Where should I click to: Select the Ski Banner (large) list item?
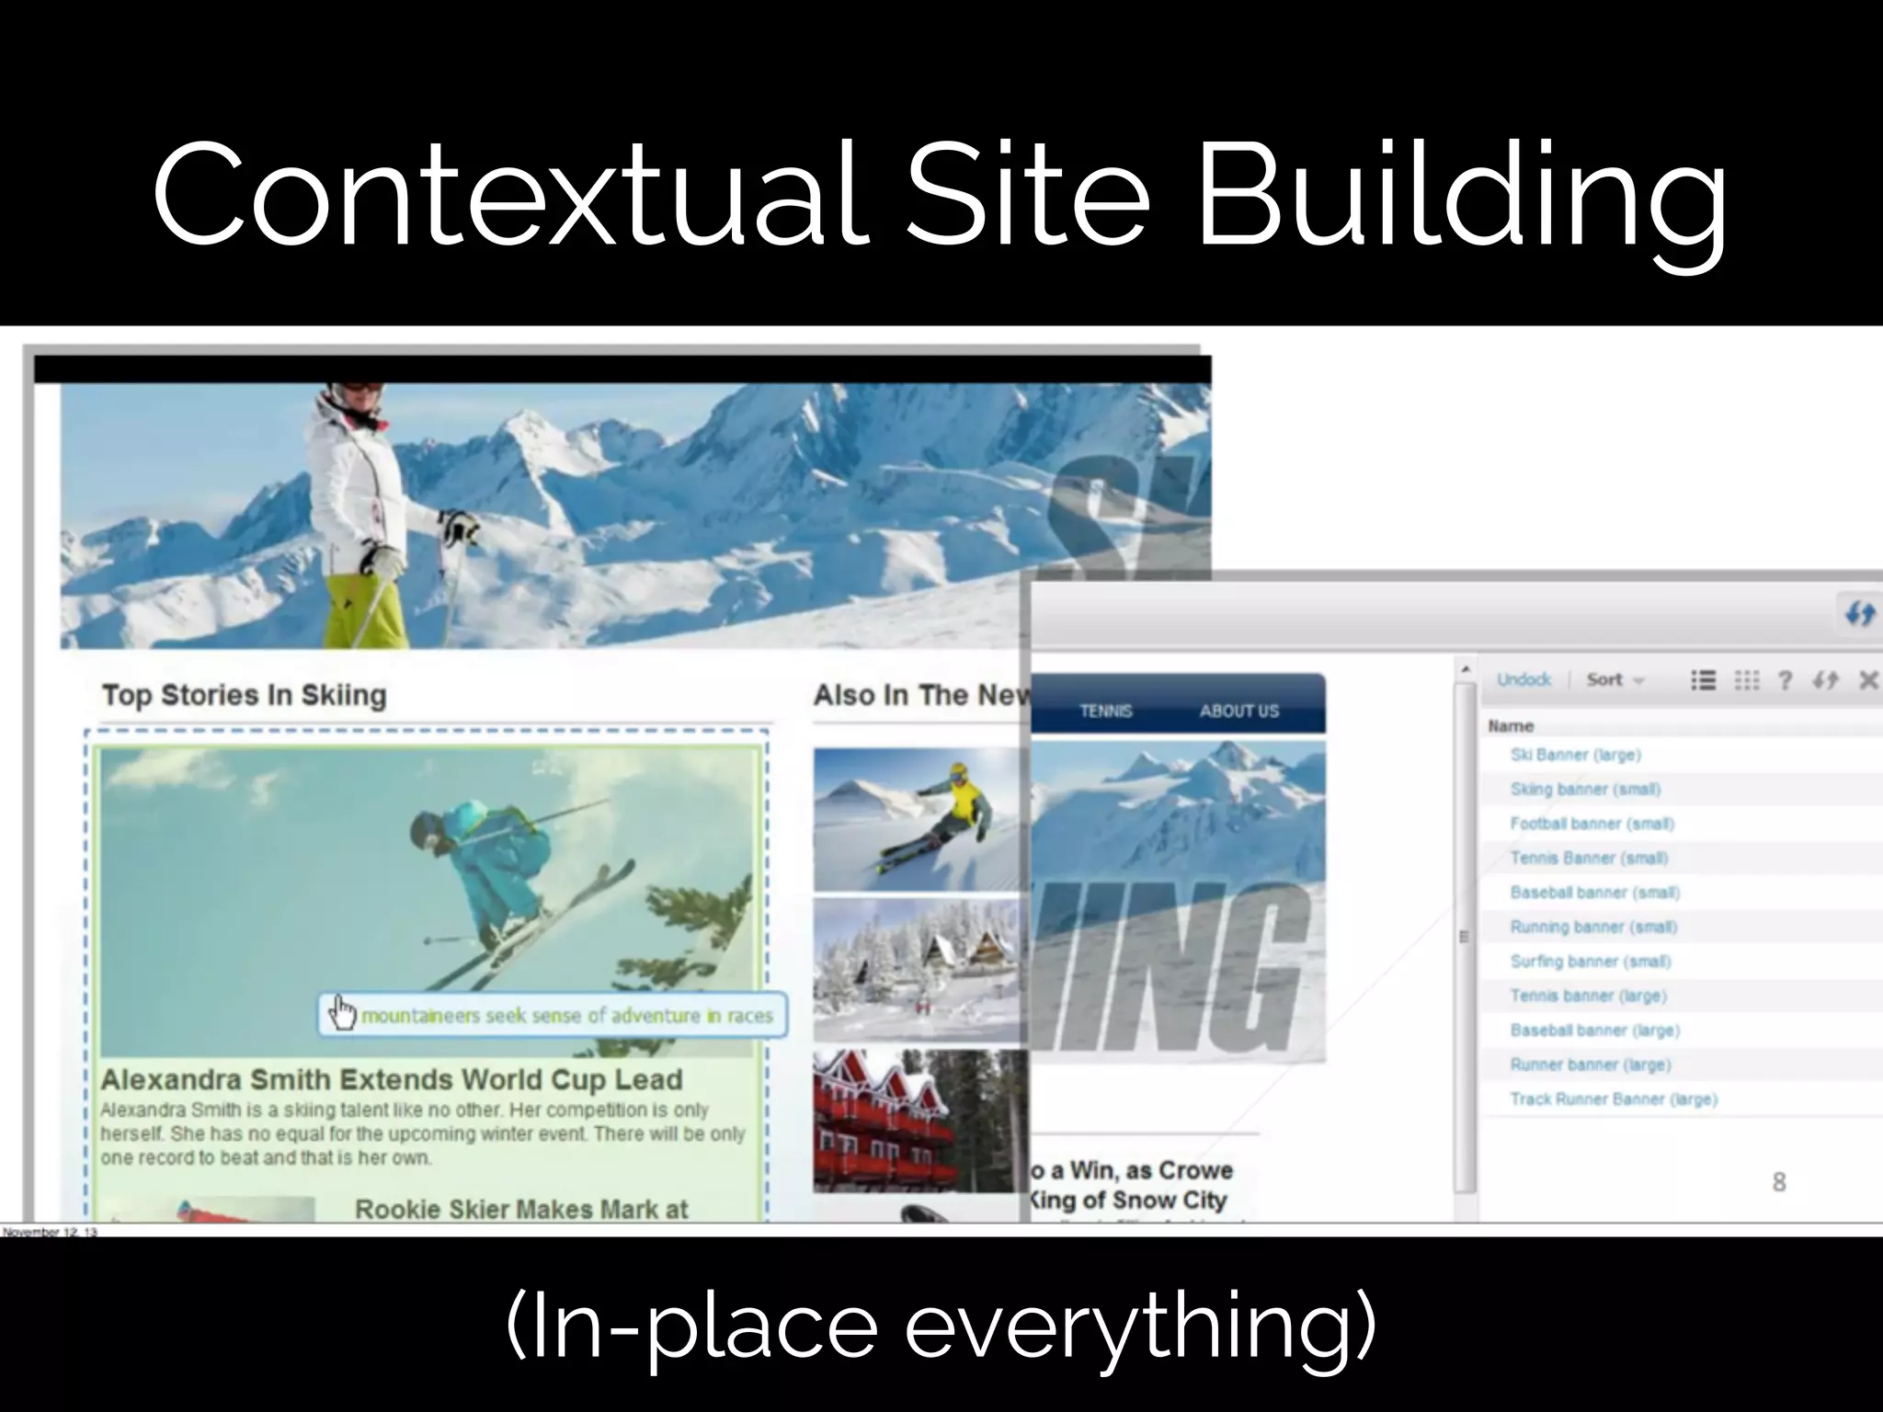point(1575,755)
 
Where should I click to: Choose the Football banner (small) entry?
point(1592,824)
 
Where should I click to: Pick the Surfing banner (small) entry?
point(1590,962)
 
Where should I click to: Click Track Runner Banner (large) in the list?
point(1613,1099)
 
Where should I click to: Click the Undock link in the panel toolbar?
point(1523,679)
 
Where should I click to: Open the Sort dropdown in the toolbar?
point(1614,680)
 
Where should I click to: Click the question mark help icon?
point(1785,680)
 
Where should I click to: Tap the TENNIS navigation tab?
point(1105,711)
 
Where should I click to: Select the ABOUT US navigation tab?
point(1238,711)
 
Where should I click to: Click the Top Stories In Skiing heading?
point(244,695)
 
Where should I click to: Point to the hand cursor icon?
point(343,1013)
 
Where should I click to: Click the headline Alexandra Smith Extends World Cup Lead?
point(391,1079)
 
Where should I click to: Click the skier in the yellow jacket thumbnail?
point(918,819)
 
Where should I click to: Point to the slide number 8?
point(1778,1182)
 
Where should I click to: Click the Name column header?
point(1511,726)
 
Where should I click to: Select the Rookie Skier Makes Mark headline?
point(520,1209)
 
